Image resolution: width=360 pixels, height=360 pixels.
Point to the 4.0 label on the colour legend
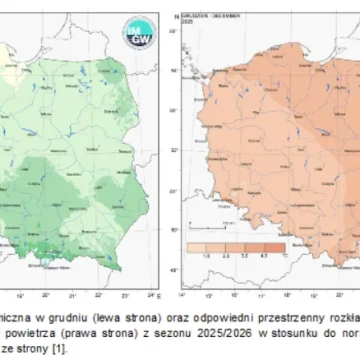point(281,256)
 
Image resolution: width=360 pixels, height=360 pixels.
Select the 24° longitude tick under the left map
point(151,269)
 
